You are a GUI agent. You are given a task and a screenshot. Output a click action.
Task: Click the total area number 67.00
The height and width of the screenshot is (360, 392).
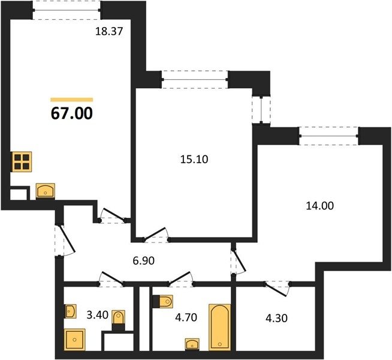[x=72, y=113]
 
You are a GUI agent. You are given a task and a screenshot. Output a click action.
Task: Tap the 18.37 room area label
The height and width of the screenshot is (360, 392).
[x=109, y=32]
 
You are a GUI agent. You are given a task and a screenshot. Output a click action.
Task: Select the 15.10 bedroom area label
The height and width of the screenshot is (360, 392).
[x=194, y=160]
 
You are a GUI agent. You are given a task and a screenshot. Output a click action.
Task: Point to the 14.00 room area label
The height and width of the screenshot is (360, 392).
[x=319, y=206]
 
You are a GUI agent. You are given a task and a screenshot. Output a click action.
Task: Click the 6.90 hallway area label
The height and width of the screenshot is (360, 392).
[x=143, y=261]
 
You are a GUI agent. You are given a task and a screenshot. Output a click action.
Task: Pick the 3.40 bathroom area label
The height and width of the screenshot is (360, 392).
[x=97, y=315]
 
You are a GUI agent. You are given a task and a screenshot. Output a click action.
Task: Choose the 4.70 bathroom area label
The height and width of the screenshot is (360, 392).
[x=186, y=317]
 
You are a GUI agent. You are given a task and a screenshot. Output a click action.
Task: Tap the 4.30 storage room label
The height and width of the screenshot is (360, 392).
[x=276, y=318]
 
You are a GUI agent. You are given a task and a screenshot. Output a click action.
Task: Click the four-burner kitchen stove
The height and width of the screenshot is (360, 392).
[x=22, y=161]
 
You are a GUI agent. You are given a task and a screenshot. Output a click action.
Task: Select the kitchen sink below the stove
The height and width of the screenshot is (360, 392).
[x=46, y=191]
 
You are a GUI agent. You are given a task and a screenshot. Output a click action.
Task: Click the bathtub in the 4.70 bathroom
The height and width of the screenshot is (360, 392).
[x=220, y=327]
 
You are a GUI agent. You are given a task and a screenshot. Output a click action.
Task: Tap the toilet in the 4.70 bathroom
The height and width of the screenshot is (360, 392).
[x=162, y=301]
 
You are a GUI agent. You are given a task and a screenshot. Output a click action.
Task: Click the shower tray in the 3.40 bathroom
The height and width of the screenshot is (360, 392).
[x=75, y=340]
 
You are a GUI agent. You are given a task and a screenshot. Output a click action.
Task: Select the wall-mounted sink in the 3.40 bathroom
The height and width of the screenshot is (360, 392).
[x=70, y=311]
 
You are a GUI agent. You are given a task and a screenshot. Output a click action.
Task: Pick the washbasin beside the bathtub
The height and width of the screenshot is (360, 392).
[x=192, y=344]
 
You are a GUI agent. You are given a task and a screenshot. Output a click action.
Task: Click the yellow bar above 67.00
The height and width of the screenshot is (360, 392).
[x=72, y=100]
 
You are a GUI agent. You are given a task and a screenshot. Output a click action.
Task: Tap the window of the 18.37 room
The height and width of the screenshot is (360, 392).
[x=67, y=10]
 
